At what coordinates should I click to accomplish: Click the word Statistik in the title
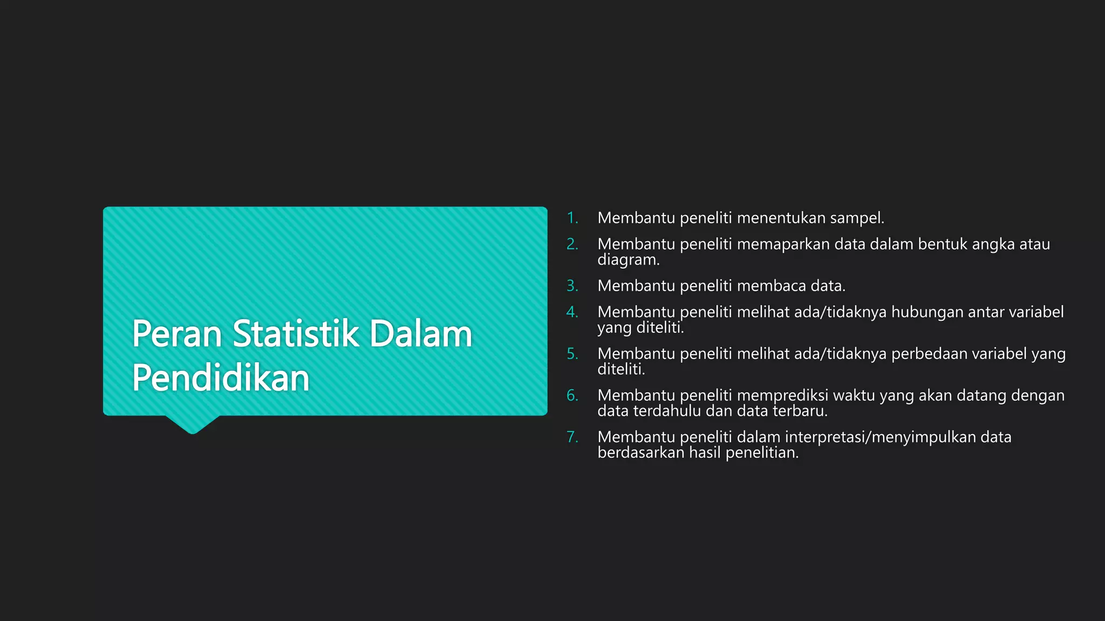coord(296,334)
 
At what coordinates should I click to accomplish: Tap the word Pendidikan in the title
coord(221,378)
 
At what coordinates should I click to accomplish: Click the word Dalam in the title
coord(421,334)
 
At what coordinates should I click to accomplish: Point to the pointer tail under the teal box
coord(193,424)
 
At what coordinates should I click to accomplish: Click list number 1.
coord(572,218)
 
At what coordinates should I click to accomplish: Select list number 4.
coord(572,312)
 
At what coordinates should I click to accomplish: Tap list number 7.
coord(572,437)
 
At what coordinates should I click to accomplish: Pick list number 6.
coord(572,396)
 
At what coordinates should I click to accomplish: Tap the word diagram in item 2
coord(628,260)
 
